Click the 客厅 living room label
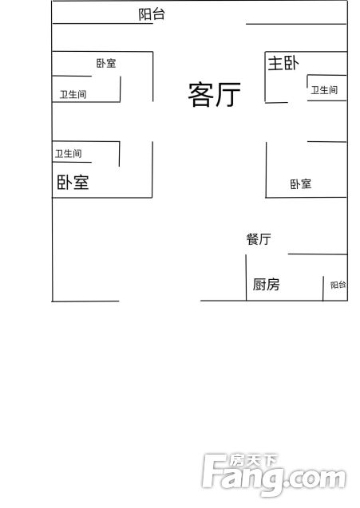point(215,94)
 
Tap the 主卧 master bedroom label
point(283,63)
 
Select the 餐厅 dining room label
point(258,239)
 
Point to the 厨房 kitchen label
point(266,285)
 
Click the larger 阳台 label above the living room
point(152,14)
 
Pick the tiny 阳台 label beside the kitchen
point(338,285)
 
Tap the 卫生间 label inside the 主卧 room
point(324,90)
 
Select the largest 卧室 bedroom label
point(73,182)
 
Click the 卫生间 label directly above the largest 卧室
point(68,154)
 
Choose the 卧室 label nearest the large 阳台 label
point(106,63)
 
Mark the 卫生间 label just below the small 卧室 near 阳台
point(73,95)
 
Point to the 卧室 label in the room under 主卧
point(301,184)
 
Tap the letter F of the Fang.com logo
point(214,471)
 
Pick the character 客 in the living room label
point(200,95)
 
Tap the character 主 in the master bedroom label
point(275,63)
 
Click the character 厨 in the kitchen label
point(259,285)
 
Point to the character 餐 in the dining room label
point(252,239)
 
